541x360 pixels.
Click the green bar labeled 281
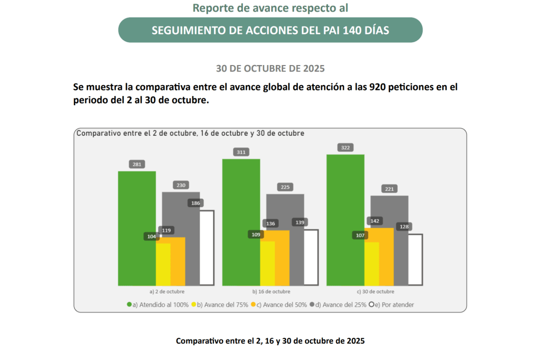click(136, 227)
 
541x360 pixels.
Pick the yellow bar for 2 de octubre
click(163, 264)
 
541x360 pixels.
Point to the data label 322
click(346, 148)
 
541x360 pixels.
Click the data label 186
click(195, 203)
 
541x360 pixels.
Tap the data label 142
click(375, 221)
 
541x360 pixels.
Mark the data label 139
click(299, 223)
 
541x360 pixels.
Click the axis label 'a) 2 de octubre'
click(167, 291)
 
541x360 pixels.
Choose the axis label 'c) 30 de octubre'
click(375, 291)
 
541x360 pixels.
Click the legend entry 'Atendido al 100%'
click(161, 304)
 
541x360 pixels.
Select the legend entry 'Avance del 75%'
click(222, 304)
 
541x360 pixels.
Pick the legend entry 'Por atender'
click(394, 304)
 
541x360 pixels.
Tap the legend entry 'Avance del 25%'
click(341, 304)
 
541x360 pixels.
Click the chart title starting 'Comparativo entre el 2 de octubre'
click(190, 134)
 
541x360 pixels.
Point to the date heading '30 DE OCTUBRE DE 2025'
click(270, 69)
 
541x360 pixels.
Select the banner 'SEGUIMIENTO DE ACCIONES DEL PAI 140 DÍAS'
click(270, 30)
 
